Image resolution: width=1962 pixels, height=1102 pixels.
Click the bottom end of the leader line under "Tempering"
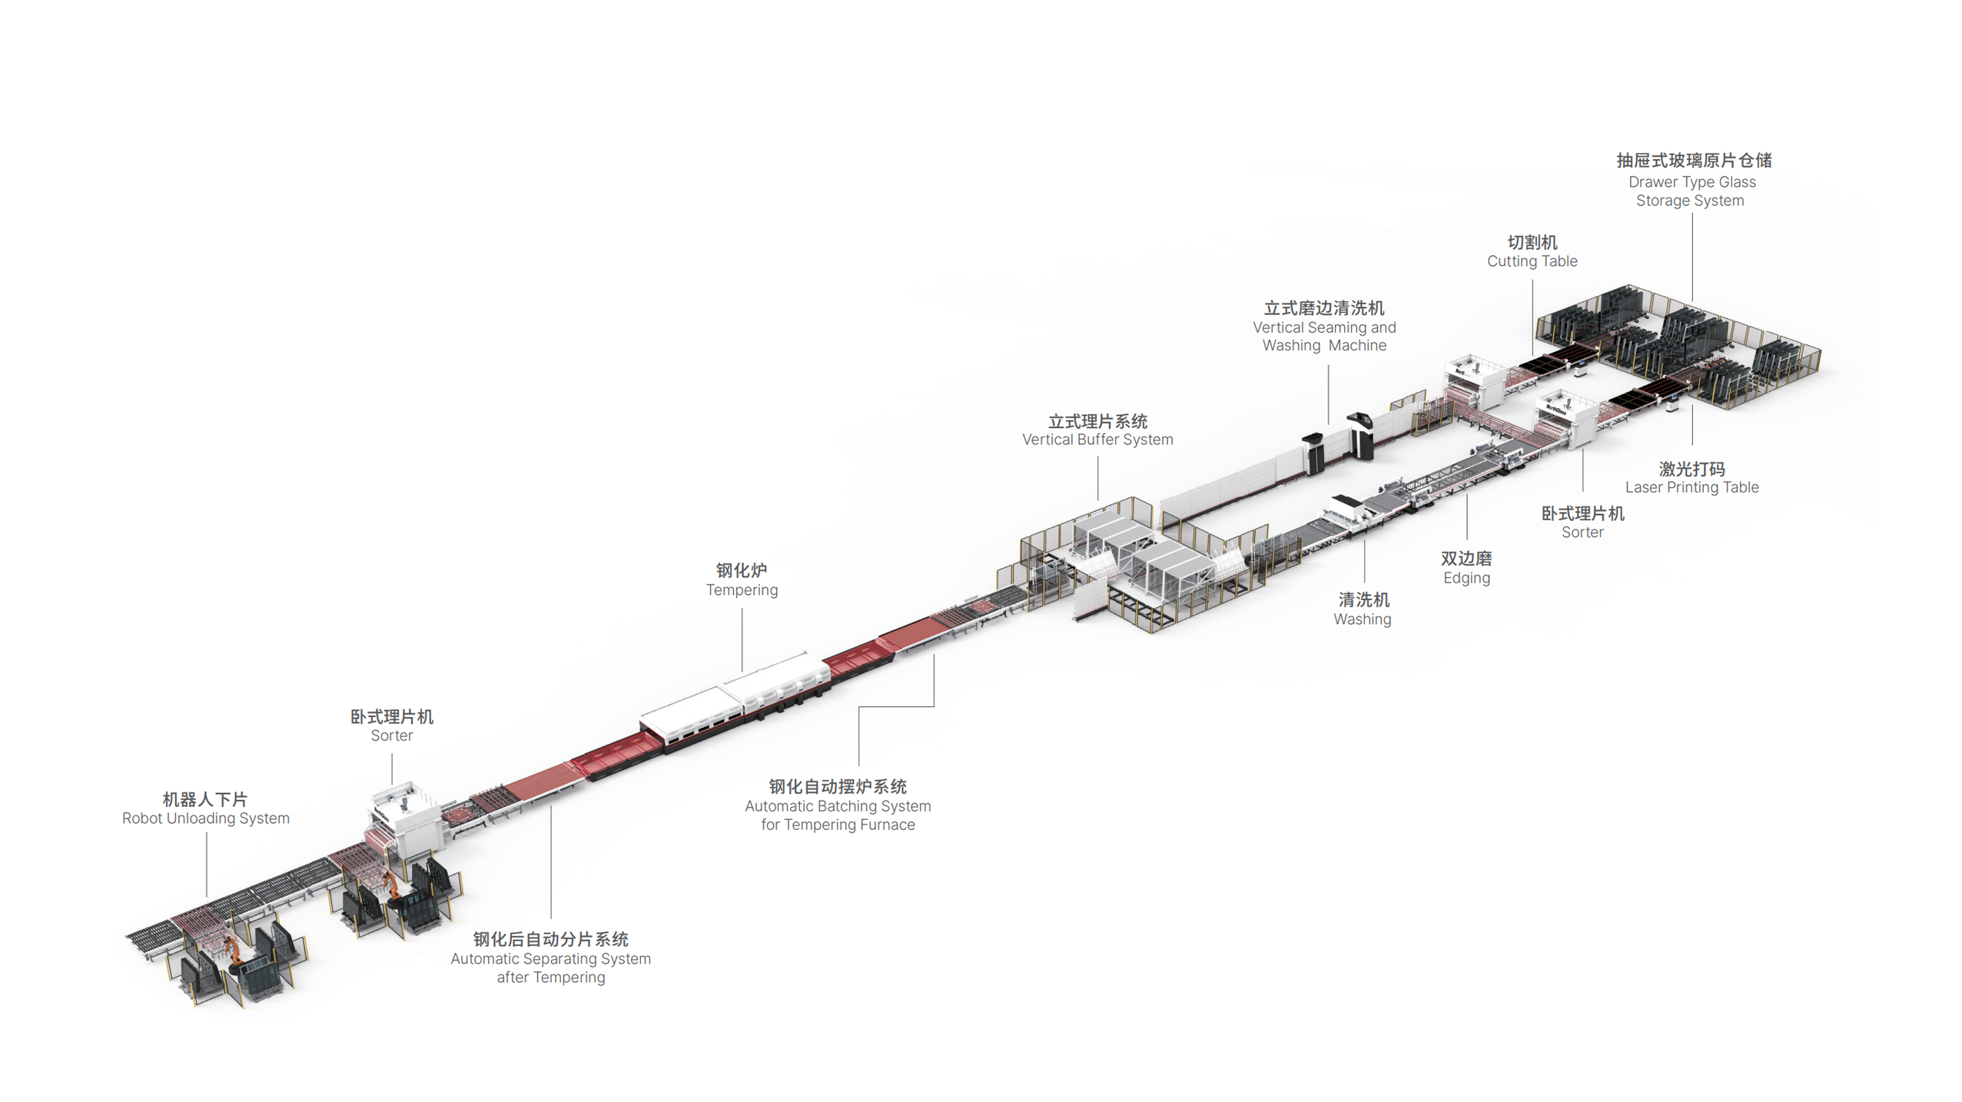tap(742, 671)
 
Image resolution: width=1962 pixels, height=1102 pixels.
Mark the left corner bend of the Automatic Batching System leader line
tap(859, 707)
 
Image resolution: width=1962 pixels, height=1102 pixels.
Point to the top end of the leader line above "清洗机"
tap(1365, 539)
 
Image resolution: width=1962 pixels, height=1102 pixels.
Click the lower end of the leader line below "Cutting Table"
tap(1532, 355)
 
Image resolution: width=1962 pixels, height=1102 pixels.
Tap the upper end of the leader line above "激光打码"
tap(1692, 405)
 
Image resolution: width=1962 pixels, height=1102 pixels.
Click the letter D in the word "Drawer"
tap(1634, 182)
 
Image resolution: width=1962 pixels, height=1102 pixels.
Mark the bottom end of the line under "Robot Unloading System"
tap(207, 896)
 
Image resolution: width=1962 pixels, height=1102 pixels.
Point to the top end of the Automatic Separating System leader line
tap(551, 805)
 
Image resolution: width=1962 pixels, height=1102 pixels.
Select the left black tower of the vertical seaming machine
tap(1313, 454)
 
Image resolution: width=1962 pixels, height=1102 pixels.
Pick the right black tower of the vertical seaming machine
tap(1360, 436)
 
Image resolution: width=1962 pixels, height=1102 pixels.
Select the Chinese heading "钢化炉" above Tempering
tap(742, 570)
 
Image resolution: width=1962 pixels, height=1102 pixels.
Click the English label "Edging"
tap(1466, 578)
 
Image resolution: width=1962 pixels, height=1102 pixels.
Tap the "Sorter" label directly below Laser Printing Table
tap(1582, 532)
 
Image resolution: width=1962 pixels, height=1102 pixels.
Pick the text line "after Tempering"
tap(551, 977)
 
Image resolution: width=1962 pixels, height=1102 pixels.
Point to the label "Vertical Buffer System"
tap(1097, 440)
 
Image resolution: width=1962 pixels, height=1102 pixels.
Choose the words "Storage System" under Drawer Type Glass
tap(1690, 201)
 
